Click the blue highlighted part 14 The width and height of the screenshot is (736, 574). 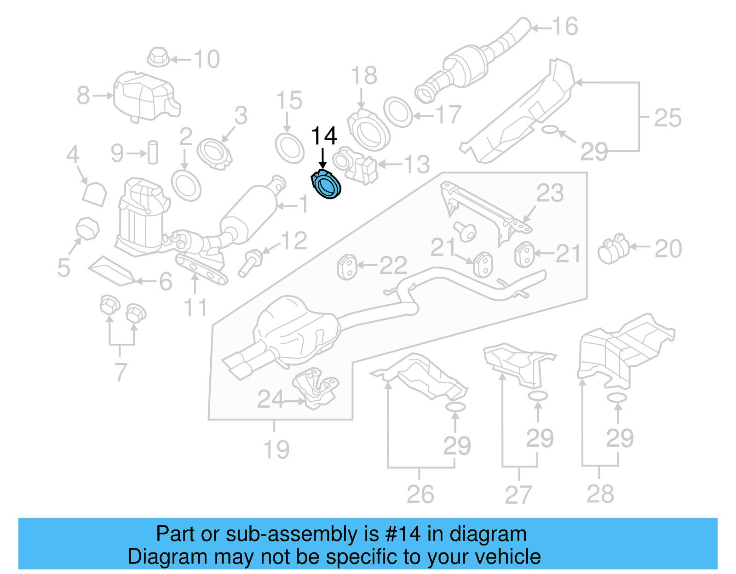tap(327, 185)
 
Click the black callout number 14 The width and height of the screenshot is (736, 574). tap(324, 136)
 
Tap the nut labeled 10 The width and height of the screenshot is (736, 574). tap(158, 57)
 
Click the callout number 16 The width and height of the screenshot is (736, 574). tap(565, 26)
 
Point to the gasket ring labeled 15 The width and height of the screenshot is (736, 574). tap(289, 148)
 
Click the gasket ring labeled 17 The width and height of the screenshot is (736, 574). tap(398, 112)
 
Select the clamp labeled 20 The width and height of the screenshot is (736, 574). tap(613, 249)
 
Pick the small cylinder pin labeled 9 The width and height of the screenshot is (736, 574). tap(153, 152)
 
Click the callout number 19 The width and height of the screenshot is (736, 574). tap(276, 449)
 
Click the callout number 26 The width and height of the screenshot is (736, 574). tap(420, 494)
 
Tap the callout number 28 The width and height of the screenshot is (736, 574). tap(600, 494)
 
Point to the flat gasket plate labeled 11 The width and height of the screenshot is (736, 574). tap(201, 270)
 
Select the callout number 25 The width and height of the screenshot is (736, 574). tap(667, 118)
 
